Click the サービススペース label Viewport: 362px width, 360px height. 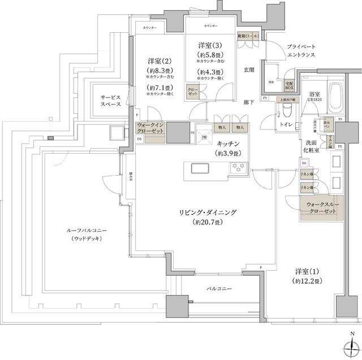(x=111, y=101)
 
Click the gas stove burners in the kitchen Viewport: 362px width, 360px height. (x=238, y=166)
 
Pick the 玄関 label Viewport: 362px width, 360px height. (x=249, y=70)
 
